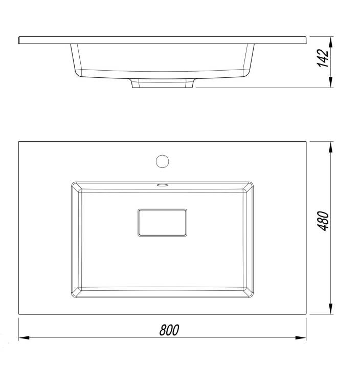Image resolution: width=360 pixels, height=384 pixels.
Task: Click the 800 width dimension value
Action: pyautogui.click(x=169, y=330)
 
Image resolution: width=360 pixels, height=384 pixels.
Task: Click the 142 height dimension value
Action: pyautogui.click(x=323, y=58)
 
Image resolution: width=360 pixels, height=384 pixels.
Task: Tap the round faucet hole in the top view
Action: pyautogui.click(x=163, y=161)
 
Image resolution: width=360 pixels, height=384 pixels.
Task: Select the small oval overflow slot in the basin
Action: pyautogui.click(x=162, y=185)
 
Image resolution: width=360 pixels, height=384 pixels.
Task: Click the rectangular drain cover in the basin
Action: pyautogui.click(x=163, y=223)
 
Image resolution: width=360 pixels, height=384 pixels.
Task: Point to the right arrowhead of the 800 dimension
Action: pyautogui.click(x=301, y=338)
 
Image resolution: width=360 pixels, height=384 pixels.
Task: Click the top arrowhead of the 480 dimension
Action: pyautogui.click(x=331, y=147)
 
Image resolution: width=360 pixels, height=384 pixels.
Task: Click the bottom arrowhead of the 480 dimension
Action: pyautogui.click(x=331, y=309)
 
